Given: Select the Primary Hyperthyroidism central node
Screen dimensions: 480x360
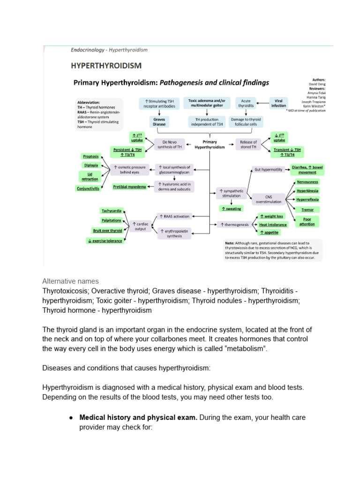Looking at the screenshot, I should point(210,144).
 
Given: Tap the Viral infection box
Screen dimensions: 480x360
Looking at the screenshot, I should point(278,103).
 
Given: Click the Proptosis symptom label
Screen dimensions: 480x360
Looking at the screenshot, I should point(90,156).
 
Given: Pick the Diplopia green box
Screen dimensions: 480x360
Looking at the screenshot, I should point(91,165).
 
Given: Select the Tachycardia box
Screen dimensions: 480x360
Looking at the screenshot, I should point(111,210).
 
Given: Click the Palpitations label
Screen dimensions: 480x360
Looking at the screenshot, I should point(111,220).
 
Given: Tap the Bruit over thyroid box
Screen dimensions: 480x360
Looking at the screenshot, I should point(108,231).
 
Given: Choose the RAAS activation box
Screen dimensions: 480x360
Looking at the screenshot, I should point(174,216).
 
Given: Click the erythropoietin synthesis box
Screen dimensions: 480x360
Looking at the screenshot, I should point(174,233).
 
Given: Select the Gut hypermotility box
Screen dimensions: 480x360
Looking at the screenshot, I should point(269,169).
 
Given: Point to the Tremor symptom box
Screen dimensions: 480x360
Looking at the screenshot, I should point(307,210).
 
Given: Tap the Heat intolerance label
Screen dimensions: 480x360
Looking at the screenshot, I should point(273,225).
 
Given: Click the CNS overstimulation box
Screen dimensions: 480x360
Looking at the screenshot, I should point(269,199).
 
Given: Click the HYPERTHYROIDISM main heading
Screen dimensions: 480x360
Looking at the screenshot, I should point(106,65).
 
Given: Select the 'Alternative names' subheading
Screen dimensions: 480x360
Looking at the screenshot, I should point(70,281).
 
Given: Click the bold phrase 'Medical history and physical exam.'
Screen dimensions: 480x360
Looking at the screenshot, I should point(138,417).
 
